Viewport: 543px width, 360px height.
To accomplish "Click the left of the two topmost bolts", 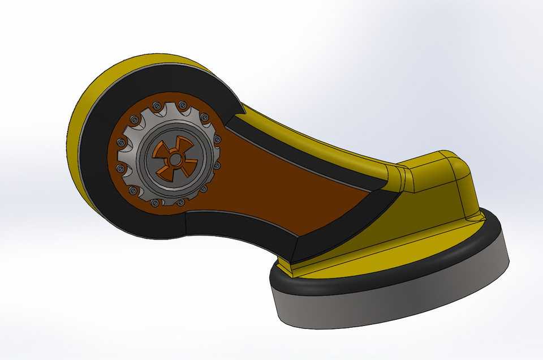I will [x=156, y=105].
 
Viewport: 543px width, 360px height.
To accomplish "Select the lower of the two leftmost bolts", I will [x=121, y=168].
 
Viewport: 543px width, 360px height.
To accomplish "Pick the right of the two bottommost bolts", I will [x=180, y=202].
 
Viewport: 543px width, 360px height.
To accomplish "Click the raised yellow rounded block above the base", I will [x=436, y=170].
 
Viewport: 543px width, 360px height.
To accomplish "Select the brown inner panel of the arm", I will [x=271, y=181].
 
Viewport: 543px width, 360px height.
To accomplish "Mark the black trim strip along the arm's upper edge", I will [x=305, y=153].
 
